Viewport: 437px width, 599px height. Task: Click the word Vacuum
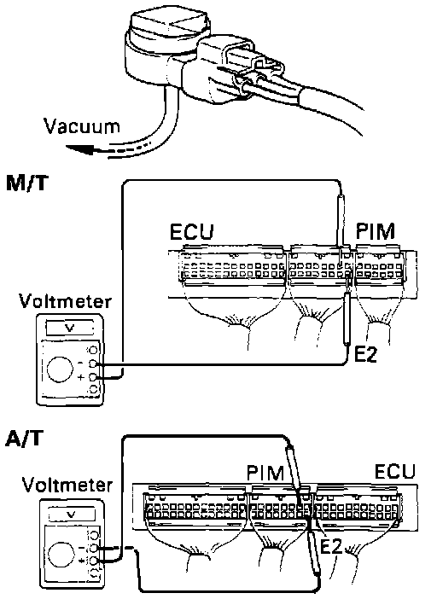[x=82, y=126]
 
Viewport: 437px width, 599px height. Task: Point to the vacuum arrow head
[x=79, y=149]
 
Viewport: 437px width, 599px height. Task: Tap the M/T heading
[x=28, y=183]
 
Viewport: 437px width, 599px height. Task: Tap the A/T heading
[x=24, y=439]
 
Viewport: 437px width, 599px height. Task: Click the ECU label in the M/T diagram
[x=191, y=231]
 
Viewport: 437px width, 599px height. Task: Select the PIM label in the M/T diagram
[x=375, y=230]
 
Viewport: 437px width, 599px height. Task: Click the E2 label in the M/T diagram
[x=365, y=354]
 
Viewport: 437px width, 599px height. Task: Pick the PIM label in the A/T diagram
[x=265, y=473]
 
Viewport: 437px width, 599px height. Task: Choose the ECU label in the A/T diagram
[x=394, y=471]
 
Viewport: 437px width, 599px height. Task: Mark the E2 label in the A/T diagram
[x=331, y=547]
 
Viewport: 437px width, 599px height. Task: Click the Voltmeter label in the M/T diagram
[x=66, y=301]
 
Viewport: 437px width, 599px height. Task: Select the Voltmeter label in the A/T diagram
[x=67, y=485]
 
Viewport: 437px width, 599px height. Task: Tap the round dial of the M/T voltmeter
[x=60, y=369]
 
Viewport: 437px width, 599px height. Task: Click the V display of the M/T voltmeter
[x=70, y=328]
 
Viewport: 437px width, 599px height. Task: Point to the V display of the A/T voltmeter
[x=72, y=515]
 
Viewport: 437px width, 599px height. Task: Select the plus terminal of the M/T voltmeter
[x=92, y=377]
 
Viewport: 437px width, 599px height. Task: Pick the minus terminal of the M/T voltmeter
[x=92, y=363]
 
